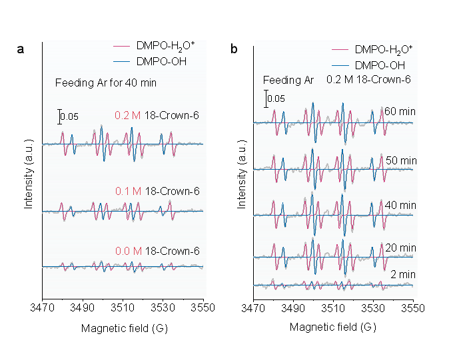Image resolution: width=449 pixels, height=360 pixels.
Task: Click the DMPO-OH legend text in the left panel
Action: (x=161, y=62)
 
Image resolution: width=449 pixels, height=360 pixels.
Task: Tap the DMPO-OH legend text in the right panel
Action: (x=380, y=65)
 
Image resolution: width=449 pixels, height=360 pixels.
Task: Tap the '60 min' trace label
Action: (x=400, y=111)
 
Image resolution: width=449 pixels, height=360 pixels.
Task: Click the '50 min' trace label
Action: (x=400, y=161)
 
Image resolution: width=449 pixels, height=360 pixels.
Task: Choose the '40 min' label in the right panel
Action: (x=400, y=205)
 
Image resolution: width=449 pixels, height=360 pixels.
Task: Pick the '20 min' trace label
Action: (x=400, y=248)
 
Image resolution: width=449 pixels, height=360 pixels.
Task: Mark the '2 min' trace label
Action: (x=403, y=274)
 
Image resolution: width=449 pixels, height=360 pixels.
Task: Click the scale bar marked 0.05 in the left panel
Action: (x=59, y=116)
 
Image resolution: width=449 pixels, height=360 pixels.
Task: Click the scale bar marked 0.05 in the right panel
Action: (x=266, y=99)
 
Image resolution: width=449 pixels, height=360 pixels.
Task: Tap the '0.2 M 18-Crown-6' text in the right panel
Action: (x=368, y=80)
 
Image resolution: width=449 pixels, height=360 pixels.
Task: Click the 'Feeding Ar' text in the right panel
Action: (x=288, y=81)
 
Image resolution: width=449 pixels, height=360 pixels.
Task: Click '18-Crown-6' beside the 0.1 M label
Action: (x=172, y=191)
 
